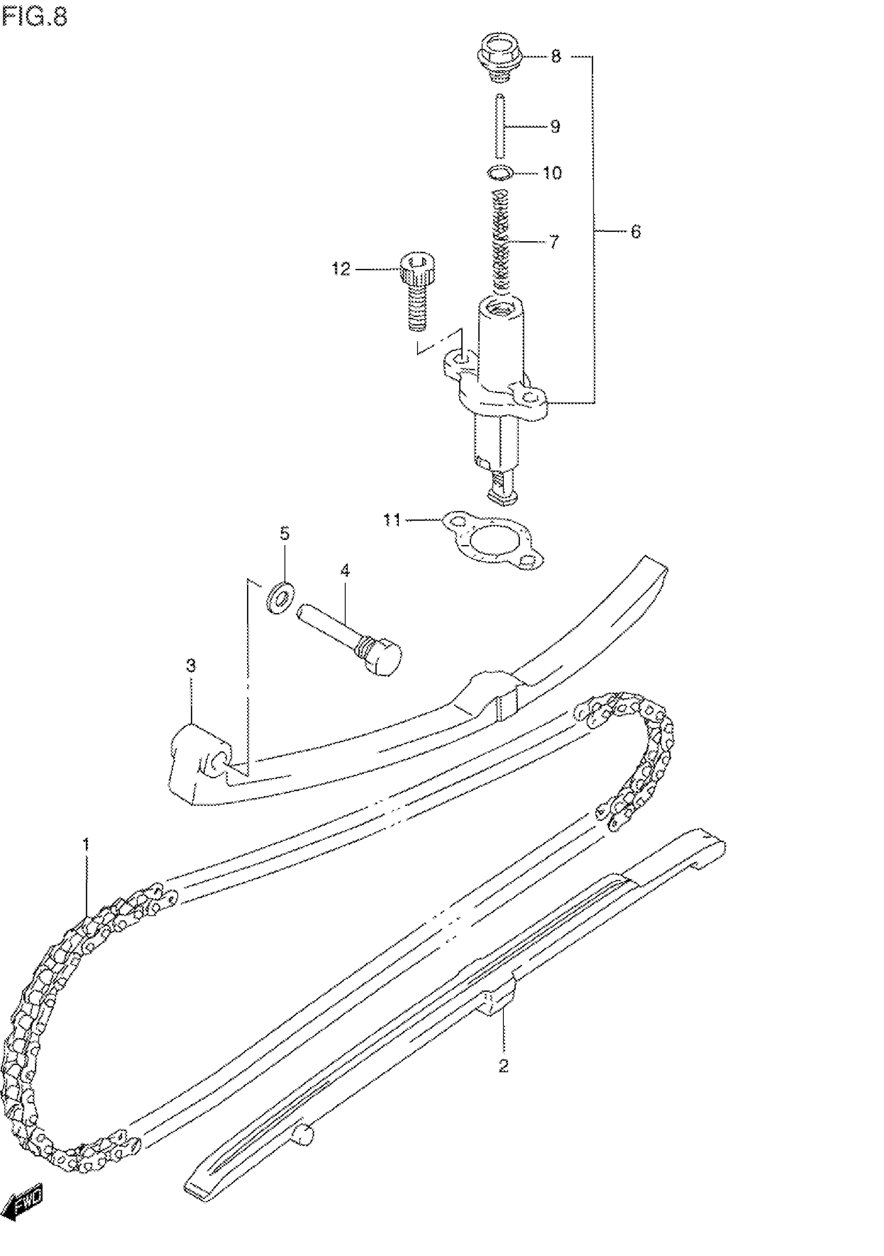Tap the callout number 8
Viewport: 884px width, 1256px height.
(x=556, y=56)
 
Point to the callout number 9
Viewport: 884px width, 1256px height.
(x=555, y=127)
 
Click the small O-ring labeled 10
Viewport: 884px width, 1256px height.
(x=499, y=173)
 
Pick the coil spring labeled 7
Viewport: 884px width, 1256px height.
(x=502, y=241)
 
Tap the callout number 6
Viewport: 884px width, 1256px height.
(x=635, y=232)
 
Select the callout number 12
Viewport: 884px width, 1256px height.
(x=341, y=269)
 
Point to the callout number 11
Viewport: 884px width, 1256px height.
(x=392, y=519)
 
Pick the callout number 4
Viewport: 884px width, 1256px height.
(x=345, y=571)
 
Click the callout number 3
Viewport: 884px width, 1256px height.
(x=190, y=666)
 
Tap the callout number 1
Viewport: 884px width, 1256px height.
(x=86, y=844)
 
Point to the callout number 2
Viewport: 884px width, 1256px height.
(x=503, y=1065)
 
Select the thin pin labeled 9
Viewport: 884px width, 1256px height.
(x=500, y=126)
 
